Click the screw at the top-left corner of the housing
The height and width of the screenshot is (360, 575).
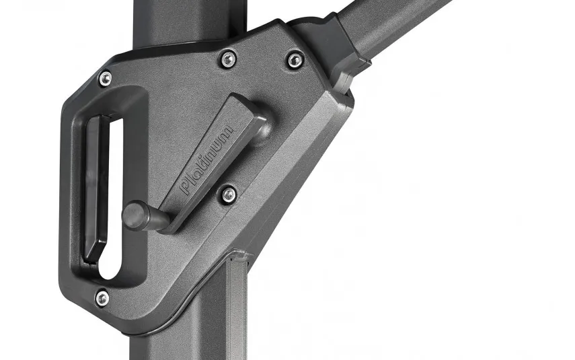(106, 78)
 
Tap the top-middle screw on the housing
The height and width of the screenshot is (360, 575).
(228, 59)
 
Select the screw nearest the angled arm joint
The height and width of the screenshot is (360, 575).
(295, 60)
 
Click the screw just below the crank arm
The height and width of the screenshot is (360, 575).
(229, 194)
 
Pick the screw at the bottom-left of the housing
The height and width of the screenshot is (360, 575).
(102, 297)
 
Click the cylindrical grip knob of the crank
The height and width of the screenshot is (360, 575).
(136, 216)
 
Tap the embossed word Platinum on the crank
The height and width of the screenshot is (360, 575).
(206, 160)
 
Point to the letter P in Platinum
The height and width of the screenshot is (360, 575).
(186, 187)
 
